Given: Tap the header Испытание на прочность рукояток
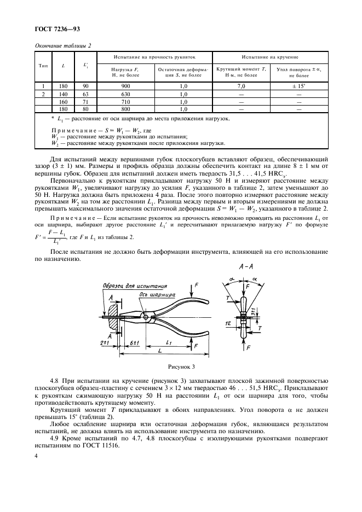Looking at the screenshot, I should (x=154, y=56).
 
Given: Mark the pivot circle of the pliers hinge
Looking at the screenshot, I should (x=146, y=316).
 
